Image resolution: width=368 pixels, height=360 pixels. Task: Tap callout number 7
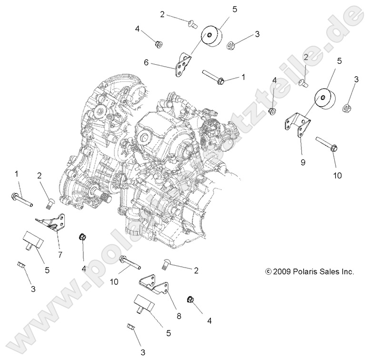[x=60, y=254]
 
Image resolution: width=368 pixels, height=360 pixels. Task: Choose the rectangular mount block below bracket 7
[x=32, y=240]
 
